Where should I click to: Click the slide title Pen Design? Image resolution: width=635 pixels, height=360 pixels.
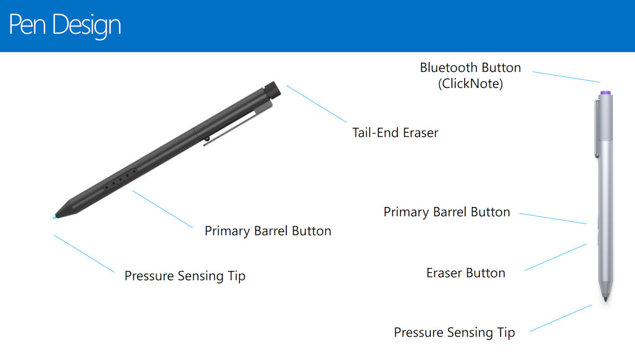65,25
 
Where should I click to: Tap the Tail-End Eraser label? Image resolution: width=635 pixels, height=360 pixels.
395,132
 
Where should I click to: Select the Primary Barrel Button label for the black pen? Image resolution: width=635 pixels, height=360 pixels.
268,231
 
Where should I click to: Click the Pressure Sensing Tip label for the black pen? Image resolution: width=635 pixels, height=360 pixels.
185,276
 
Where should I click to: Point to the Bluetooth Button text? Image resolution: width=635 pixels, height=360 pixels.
470,68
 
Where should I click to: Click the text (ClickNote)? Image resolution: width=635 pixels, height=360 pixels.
470,84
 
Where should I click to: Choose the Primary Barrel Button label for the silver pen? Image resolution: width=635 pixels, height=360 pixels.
447,212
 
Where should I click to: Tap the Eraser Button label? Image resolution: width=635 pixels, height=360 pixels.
466,273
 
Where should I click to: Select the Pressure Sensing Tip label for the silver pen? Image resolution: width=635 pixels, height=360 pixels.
454,332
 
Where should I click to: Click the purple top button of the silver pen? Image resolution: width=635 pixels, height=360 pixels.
607,93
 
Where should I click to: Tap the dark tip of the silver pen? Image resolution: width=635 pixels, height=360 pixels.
605,300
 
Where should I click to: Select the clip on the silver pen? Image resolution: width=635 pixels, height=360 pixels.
597,127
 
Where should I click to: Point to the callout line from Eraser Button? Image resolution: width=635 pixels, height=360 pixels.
556,257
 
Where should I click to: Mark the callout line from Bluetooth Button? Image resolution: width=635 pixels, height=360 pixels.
566,77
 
